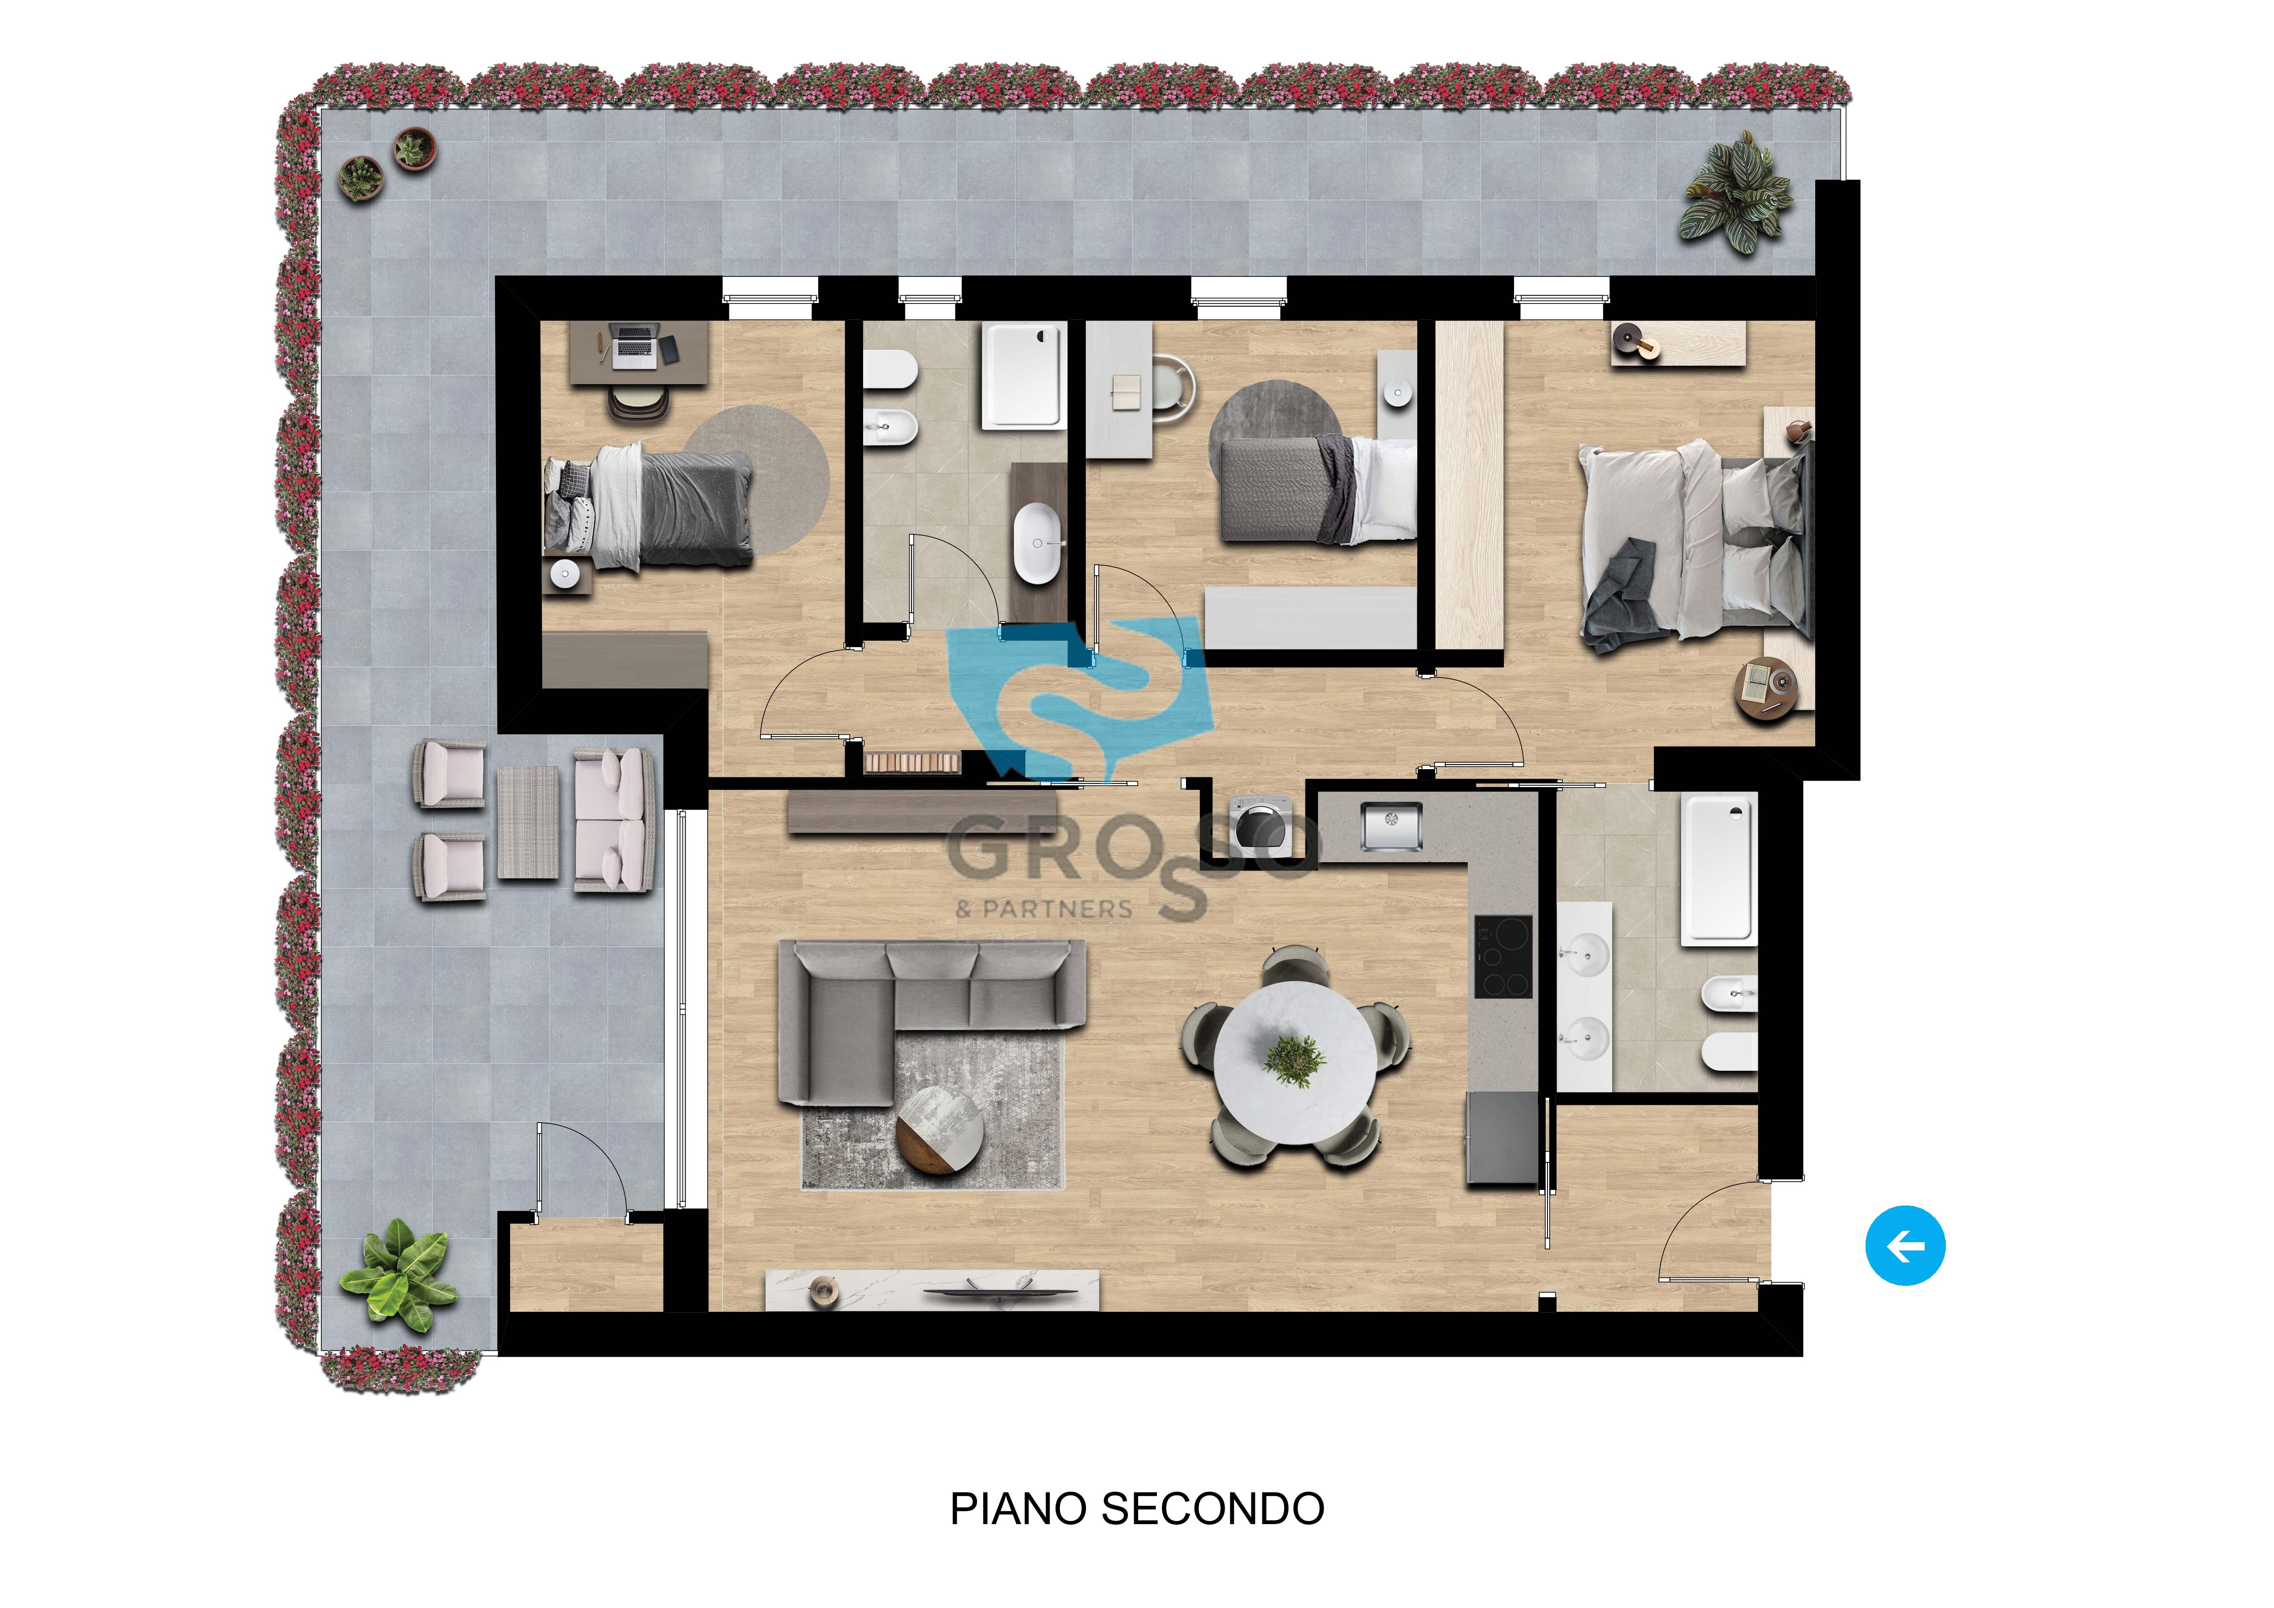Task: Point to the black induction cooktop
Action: tap(1503, 957)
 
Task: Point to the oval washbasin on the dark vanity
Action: tap(1037, 543)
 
